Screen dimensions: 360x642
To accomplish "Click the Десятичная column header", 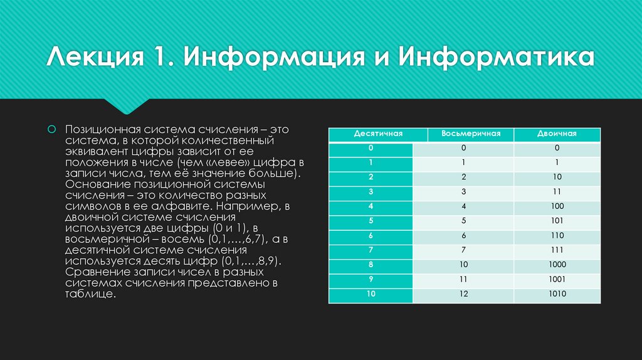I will pos(377,134).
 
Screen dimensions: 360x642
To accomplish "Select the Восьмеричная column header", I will pos(470,134).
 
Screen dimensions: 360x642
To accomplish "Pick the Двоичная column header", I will pos(557,134).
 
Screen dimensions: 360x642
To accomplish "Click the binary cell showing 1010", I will pos(556,294).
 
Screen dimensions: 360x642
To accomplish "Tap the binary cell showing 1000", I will pos(556,265).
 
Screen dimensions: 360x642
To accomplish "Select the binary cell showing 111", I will pos(556,250).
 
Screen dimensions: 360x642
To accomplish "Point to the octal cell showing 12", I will pos(464,294).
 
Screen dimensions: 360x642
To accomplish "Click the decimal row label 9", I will pos(371,279).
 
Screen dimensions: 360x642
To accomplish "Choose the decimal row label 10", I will pos(371,294).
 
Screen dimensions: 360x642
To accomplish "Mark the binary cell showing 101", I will pos(556,221).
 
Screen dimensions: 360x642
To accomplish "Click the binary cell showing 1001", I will pos(556,279).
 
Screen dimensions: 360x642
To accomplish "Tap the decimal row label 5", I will pos(371,221).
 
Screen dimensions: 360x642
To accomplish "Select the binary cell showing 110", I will pos(556,235).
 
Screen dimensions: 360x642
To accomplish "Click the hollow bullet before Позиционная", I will pos(53,129).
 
